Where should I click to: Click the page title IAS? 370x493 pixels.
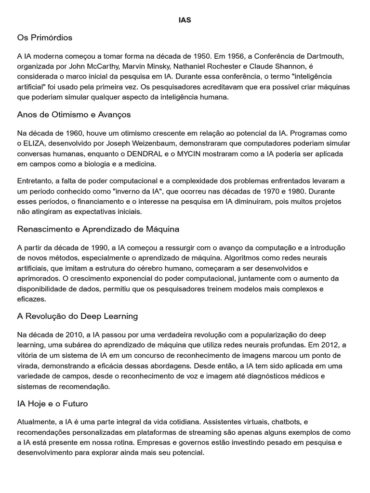click(x=185, y=20)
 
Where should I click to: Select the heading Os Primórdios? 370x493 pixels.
click(x=45, y=38)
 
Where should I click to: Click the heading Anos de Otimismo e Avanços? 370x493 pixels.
click(x=74, y=115)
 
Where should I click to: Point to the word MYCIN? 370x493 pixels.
click(x=186, y=154)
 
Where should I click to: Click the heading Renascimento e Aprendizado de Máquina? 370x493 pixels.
click(x=98, y=229)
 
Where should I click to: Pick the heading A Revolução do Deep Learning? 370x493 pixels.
click(x=78, y=316)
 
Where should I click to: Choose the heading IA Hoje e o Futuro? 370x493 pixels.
click(x=53, y=403)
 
